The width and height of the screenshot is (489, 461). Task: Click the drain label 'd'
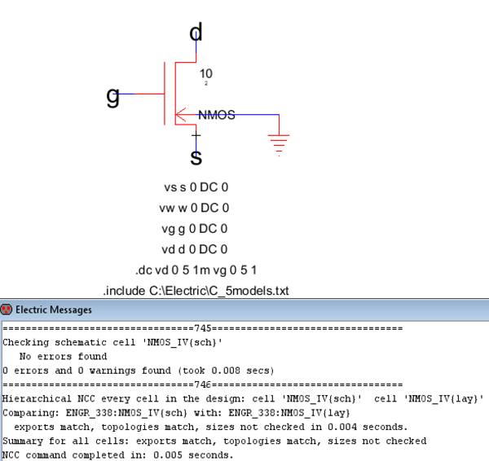196,33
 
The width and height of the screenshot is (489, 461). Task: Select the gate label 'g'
113,97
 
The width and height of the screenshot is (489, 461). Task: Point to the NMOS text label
216,116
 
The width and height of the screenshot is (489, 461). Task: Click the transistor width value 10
206,73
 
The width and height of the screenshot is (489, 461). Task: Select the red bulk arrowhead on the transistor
180,115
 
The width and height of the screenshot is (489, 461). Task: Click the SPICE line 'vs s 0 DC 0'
196,187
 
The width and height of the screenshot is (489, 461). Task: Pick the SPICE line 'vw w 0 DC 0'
196,208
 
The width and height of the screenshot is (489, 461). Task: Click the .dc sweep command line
196,270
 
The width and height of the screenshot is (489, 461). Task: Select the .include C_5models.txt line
196,290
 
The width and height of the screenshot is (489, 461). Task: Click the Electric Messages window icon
7,310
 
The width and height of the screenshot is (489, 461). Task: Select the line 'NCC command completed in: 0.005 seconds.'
118,454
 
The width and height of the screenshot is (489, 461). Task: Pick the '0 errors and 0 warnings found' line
138,370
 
